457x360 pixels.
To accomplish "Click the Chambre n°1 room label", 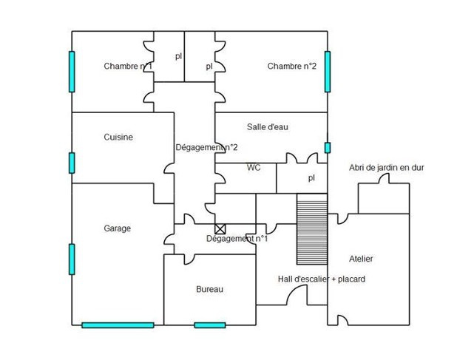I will (128, 67).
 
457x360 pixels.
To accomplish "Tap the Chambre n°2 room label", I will (291, 67).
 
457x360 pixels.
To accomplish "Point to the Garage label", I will (117, 228).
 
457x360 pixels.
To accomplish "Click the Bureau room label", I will (209, 289).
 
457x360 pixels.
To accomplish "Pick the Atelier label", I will (361, 259).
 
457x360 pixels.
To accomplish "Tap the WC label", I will (254, 168).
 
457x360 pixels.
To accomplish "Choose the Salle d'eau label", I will (267, 127).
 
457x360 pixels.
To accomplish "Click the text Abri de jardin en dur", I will (386, 168).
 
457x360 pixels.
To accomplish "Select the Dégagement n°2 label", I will (206, 147).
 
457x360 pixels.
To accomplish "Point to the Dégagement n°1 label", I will (237, 239).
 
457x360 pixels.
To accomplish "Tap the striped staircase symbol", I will (311, 228).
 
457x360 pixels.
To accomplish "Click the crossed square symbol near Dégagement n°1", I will (220, 230).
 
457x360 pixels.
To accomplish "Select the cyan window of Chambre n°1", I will (72, 71).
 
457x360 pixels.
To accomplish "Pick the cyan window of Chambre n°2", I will (327, 71).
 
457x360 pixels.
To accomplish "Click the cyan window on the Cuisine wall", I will (72, 162).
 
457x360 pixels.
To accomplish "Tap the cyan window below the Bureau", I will (209, 325).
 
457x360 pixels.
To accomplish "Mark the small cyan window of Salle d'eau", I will (327, 147).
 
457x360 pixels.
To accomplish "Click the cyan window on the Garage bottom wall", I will (118, 325).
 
